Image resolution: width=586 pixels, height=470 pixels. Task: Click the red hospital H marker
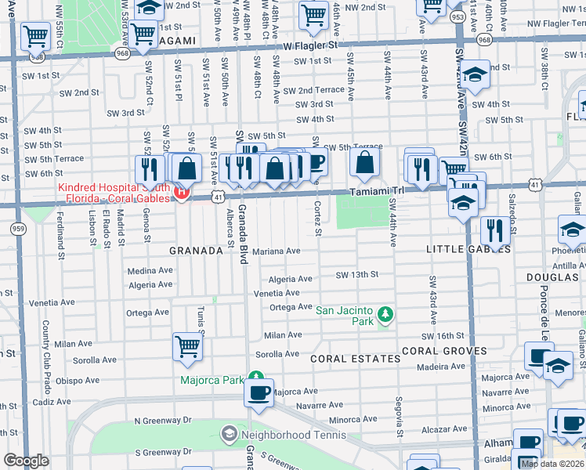coord(182,192)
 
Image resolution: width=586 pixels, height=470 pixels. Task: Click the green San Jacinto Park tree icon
coord(385,314)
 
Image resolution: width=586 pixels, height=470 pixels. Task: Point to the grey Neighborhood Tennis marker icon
coord(229,433)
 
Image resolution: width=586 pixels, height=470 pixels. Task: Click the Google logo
coord(26,461)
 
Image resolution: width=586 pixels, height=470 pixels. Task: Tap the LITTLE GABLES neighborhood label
coord(468,249)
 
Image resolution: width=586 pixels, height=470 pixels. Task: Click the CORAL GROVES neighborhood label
coord(443,351)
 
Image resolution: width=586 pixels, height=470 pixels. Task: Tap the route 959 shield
coord(17,228)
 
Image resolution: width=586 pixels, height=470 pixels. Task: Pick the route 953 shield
coord(458,16)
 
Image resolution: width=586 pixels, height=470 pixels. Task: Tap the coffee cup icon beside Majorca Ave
coord(259,393)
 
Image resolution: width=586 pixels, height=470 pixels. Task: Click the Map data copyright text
coord(552,464)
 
